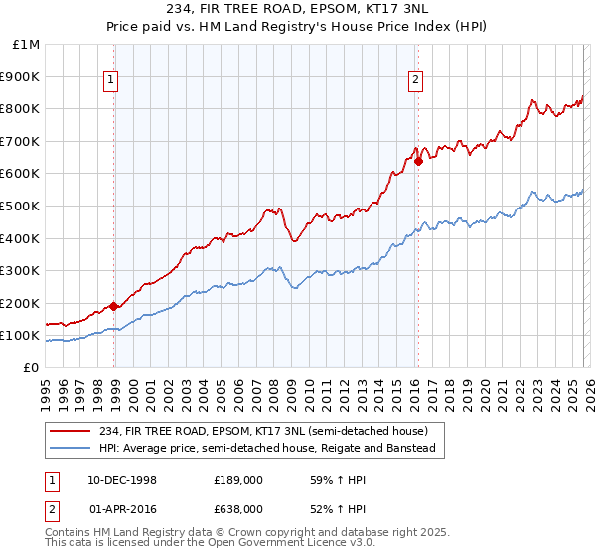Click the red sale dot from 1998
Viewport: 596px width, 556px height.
click(114, 307)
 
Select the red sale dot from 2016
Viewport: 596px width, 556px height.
click(419, 161)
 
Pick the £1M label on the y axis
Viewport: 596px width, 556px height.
click(26, 44)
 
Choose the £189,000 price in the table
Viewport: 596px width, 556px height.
click(239, 480)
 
